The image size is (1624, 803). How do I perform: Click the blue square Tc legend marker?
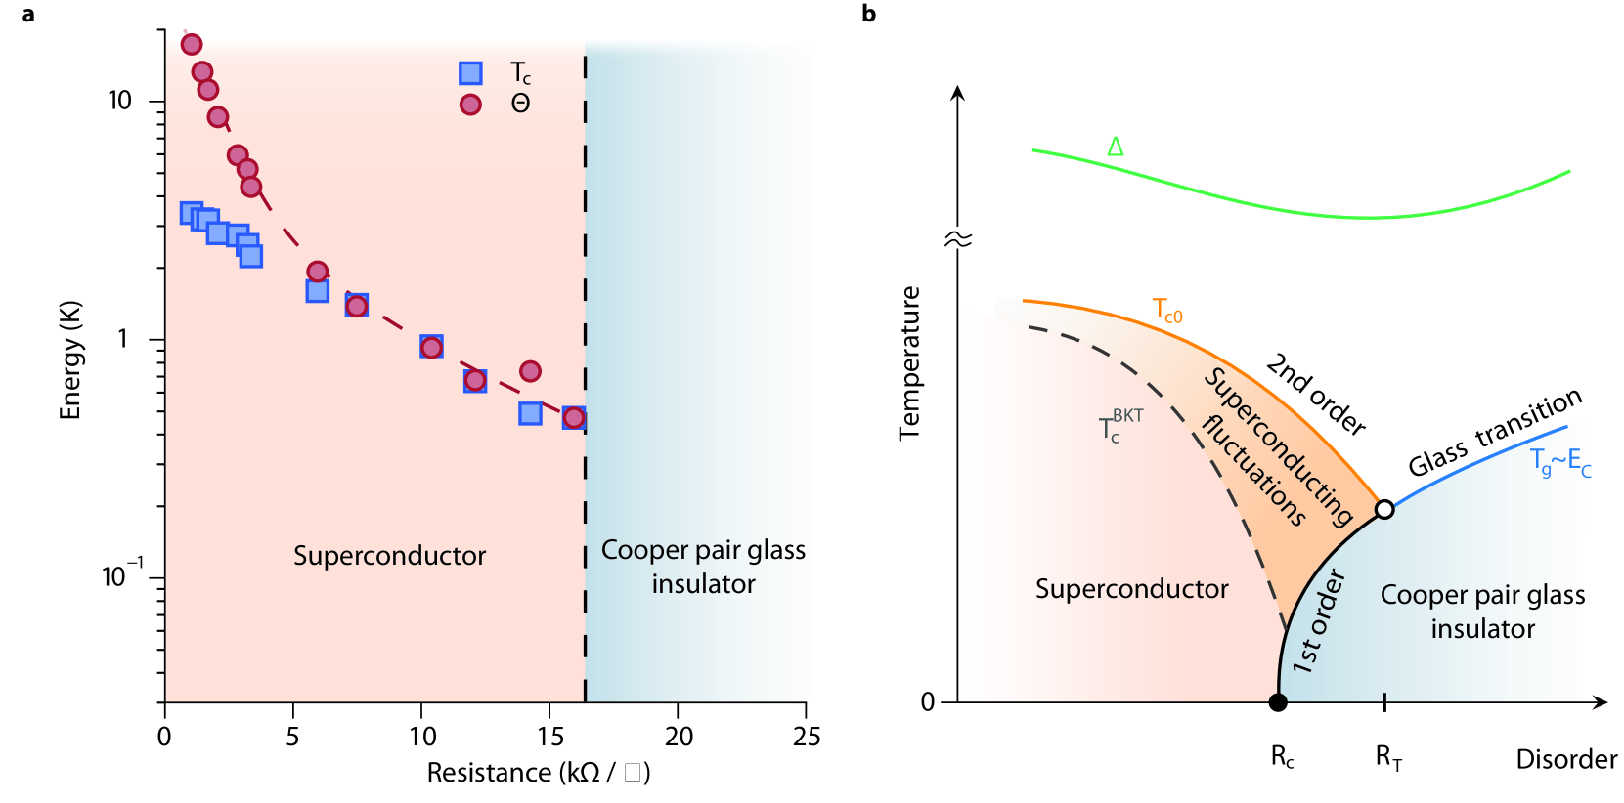pos(470,73)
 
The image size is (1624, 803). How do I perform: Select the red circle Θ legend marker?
pos(470,105)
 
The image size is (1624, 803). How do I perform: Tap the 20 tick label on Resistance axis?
pos(678,737)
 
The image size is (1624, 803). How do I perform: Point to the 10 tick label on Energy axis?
pos(119,101)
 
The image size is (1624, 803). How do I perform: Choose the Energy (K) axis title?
pos(70,360)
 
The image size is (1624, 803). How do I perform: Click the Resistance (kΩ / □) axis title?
pos(538,773)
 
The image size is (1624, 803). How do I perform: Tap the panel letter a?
pos(28,15)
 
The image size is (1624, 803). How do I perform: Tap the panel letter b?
pos(868,15)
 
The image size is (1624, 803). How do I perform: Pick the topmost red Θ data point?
pos(192,44)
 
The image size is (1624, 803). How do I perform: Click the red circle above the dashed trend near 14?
pos(530,371)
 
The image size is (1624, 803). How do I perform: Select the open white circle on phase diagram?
pos(1384,509)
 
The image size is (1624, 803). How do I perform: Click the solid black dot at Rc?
pos(1278,701)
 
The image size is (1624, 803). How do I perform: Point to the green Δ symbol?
pos(1116,148)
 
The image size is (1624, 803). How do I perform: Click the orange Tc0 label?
pos(1167,311)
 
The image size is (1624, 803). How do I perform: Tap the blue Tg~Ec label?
pos(1560,462)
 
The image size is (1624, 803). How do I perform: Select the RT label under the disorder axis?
pos(1388,757)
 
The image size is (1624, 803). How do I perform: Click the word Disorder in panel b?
pos(1566,759)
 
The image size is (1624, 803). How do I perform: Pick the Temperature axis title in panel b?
pos(910,362)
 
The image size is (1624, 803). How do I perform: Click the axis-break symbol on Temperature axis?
pos(958,239)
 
